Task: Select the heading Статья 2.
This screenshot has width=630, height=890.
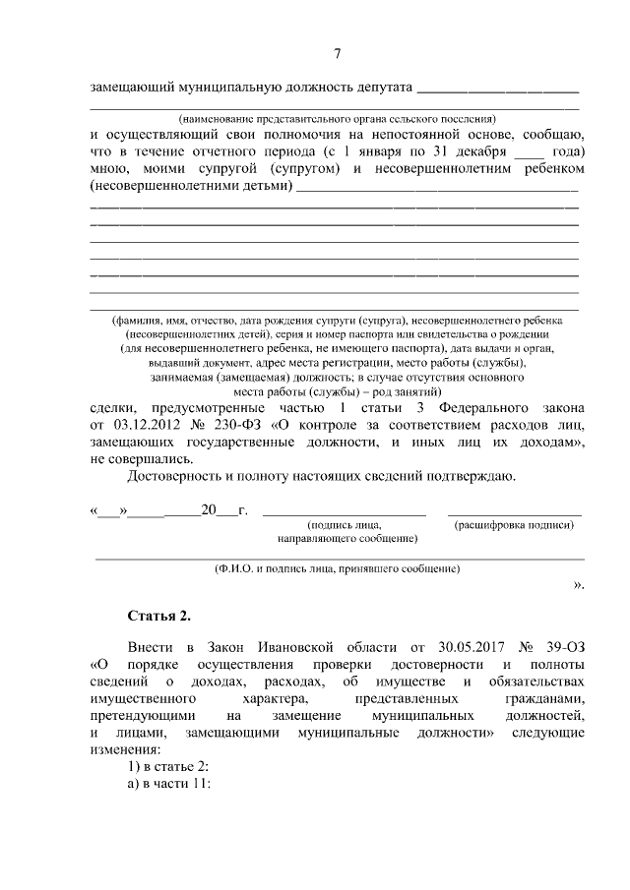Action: (x=158, y=617)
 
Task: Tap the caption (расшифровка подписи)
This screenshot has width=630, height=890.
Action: (x=514, y=526)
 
